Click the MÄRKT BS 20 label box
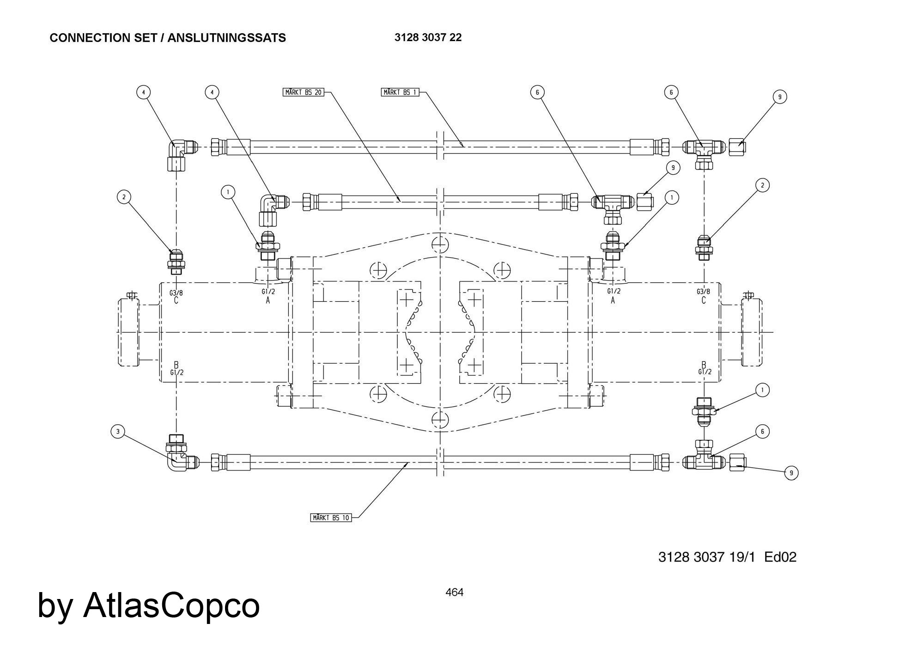[303, 92]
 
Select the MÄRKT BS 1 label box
[400, 92]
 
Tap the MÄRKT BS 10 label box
[331, 518]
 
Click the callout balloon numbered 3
[118, 432]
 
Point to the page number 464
[454, 592]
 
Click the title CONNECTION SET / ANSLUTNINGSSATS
[168, 38]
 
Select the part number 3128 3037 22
[428, 37]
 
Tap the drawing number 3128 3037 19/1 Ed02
[727, 557]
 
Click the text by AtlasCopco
[148, 605]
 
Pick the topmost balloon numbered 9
[780, 97]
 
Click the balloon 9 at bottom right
[791, 473]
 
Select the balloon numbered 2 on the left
[124, 197]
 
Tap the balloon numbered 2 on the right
[762, 185]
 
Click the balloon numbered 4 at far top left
[144, 92]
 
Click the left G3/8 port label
[176, 293]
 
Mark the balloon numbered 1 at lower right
[762, 390]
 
